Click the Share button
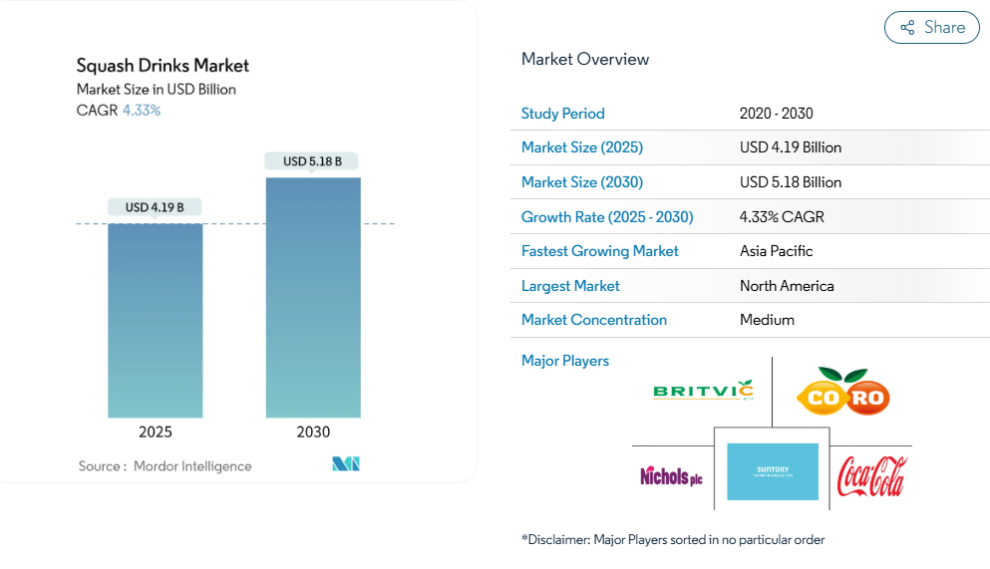point(932,28)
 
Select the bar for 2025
point(156,320)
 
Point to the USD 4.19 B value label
point(156,207)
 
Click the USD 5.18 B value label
point(312,161)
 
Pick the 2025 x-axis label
point(156,432)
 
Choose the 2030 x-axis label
point(313,432)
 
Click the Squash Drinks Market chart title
point(163,66)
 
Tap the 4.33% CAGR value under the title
point(142,111)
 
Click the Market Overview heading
point(585,60)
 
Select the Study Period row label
point(563,114)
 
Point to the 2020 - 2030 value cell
point(777,114)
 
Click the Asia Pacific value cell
point(777,251)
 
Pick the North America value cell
point(787,286)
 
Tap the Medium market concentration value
point(767,320)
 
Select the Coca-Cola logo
point(871,476)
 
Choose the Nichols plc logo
point(671,476)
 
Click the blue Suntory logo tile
point(773,472)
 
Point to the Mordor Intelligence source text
point(192,466)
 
